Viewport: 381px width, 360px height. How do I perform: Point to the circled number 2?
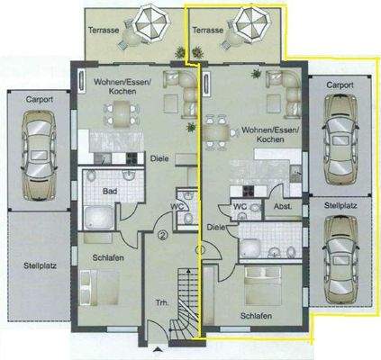coord(162,236)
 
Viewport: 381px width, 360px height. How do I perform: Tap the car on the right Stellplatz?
coord(340,255)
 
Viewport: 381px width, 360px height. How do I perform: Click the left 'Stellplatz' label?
coord(38,265)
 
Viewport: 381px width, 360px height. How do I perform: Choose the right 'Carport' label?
coord(340,86)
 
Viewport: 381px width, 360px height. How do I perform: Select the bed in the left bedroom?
coord(99,290)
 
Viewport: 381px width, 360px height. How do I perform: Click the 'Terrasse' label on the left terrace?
coord(105,30)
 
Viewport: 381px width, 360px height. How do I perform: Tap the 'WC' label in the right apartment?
coord(240,205)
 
